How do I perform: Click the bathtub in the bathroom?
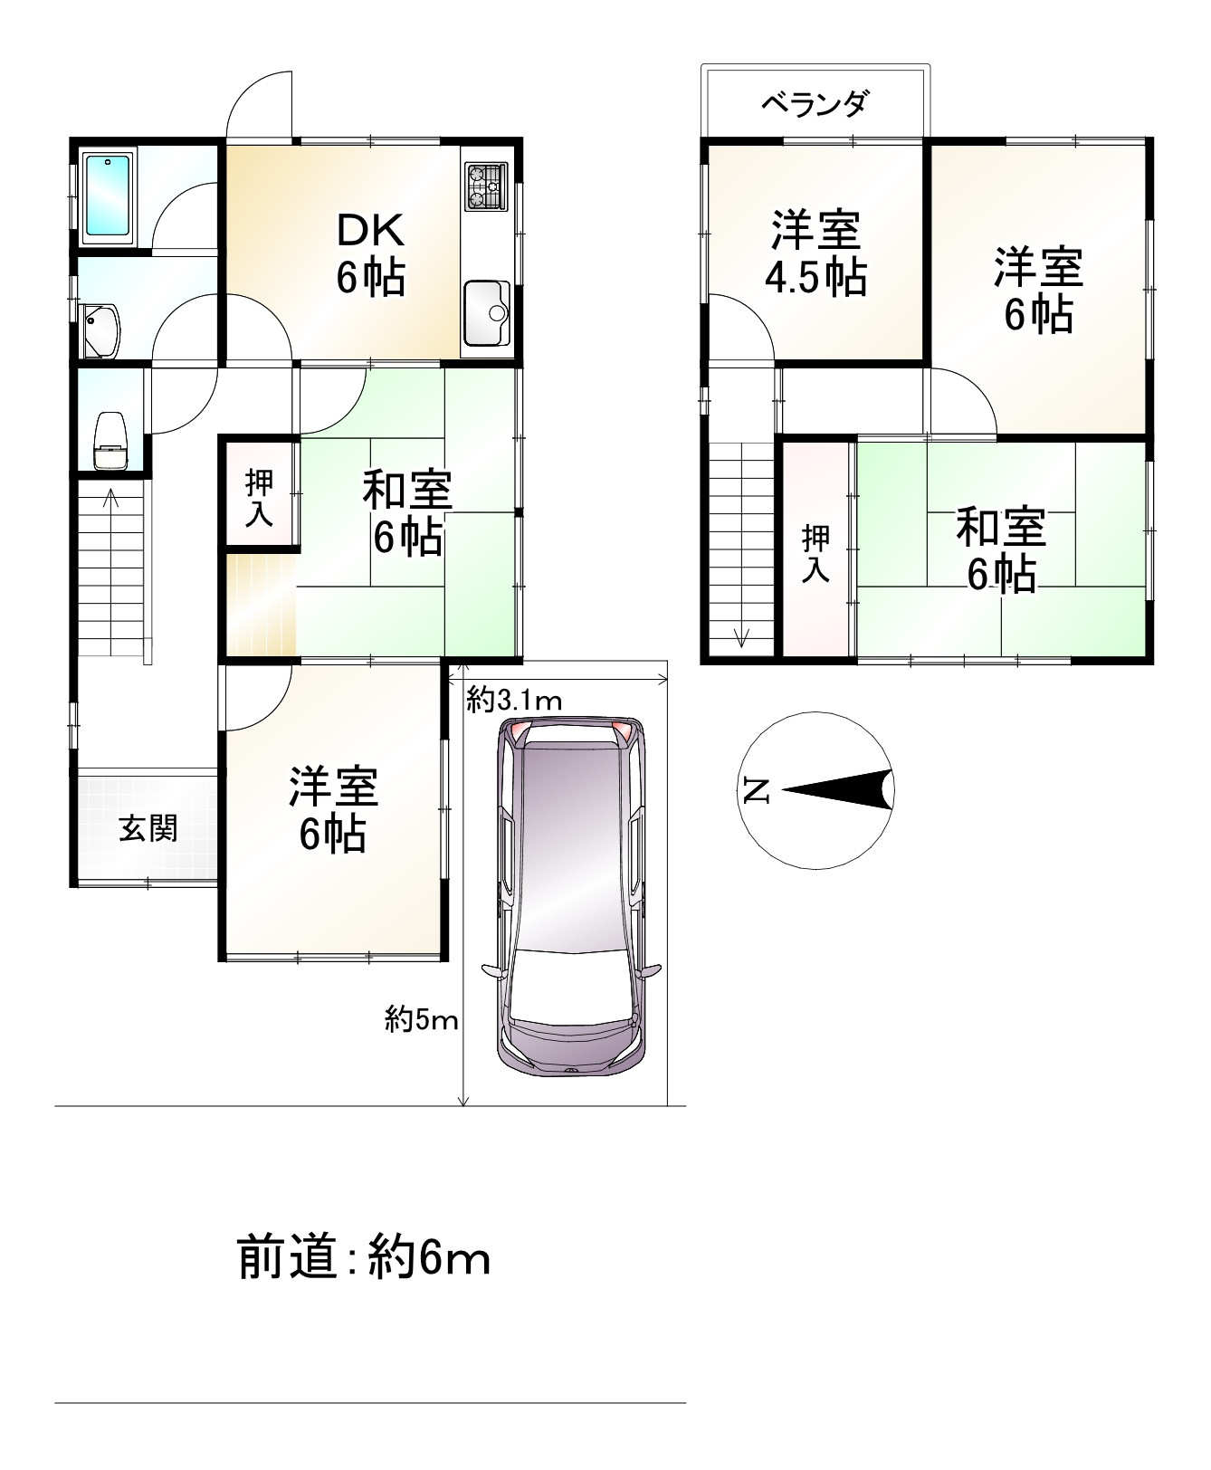click(108, 197)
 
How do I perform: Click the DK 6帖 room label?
click(370, 255)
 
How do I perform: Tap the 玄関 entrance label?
click(148, 827)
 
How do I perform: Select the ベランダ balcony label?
click(814, 104)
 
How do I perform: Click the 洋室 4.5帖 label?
click(815, 254)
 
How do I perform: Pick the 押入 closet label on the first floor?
click(260, 499)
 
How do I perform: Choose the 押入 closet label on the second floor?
click(815, 553)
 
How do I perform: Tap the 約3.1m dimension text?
click(514, 699)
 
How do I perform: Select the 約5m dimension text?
click(421, 1020)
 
